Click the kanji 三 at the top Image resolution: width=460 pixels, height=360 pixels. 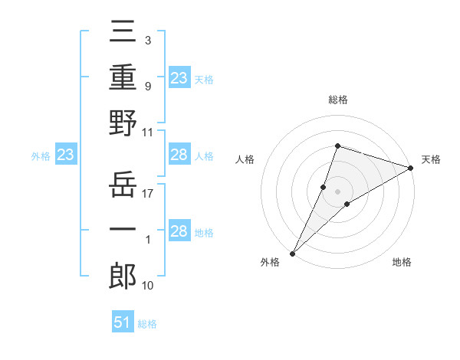(123, 34)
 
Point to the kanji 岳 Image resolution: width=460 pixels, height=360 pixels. (123, 184)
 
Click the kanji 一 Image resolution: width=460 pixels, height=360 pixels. (123, 229)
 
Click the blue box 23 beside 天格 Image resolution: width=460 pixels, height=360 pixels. (179, 77)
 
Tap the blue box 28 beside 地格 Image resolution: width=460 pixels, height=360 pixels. (179, 232)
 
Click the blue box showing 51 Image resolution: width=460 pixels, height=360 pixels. (123, 323)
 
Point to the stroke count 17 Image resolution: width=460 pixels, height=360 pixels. (148, 193)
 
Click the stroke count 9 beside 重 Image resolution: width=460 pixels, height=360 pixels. (147, 86)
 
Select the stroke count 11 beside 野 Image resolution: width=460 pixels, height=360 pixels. (148, 132)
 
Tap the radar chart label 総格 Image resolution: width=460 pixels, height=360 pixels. (337, 100)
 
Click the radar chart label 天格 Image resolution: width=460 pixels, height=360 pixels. (431, 159)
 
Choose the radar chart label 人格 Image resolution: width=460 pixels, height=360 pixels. (245, 159)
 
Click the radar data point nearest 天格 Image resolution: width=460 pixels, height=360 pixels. (411, 168)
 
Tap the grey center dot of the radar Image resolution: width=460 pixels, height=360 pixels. (337, 191)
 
